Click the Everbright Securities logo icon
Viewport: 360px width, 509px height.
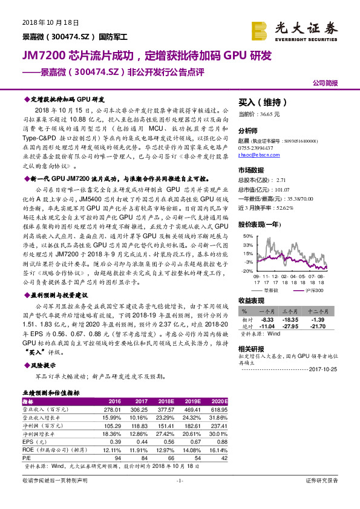point(260,29)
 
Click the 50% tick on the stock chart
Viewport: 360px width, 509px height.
point(248,236)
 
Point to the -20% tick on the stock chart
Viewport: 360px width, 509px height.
point(247,271)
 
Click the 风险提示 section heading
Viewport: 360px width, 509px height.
point(44,365)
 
